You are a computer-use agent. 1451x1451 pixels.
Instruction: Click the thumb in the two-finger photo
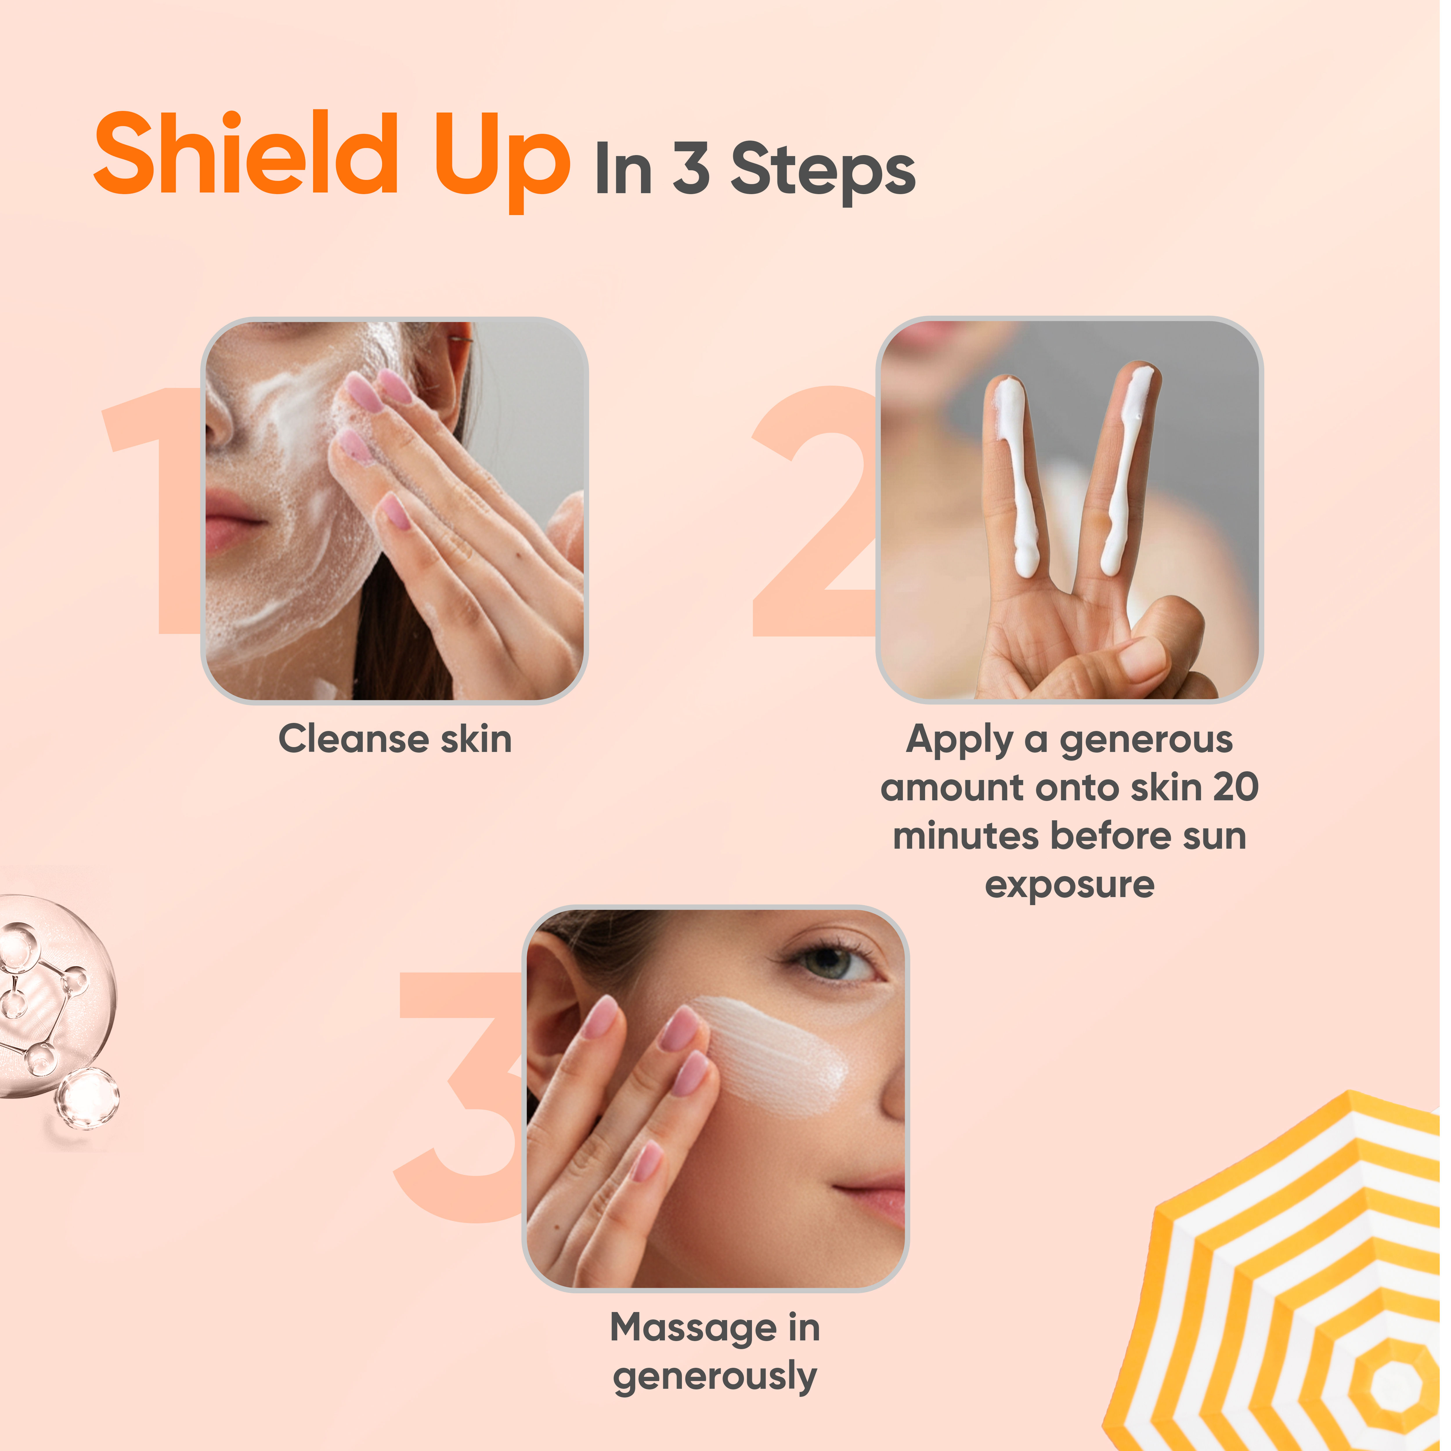tap(1149, 646)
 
